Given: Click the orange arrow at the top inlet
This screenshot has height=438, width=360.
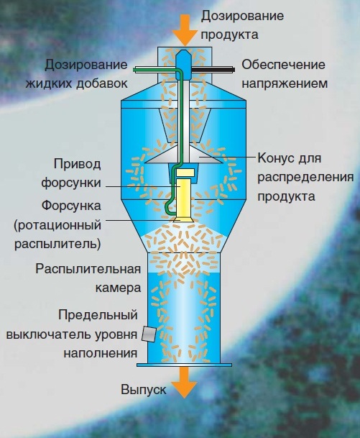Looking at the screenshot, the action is (x=185, y=30).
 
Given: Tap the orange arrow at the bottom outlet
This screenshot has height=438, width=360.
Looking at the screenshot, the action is (x=184, y=382).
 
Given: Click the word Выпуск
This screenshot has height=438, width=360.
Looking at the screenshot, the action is (x=144, y=390).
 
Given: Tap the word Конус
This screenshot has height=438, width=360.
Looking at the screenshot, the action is (x=275, y=158).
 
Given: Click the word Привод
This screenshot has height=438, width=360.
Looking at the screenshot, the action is (x=77, y=164).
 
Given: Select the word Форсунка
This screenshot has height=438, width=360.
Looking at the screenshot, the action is (x=71, y=206).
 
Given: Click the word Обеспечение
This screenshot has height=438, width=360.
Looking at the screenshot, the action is (x=283, y=65).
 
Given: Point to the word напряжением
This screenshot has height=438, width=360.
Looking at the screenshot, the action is (x=285, y=84).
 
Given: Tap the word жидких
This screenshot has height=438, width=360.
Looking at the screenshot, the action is (x=49, y=83).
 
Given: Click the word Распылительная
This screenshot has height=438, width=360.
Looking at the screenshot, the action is (x=88, y=269).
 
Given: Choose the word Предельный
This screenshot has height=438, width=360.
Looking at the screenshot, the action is (x=98, y=315).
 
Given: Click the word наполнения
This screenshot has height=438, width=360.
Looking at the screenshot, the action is (x=101, y=353).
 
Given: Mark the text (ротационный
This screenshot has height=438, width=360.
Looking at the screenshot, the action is (x=57, y=225).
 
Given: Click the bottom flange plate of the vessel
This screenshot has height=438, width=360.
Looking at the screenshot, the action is (x=184, y=365).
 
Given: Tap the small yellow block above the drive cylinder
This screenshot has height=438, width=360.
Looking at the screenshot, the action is (x=185, y=173).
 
